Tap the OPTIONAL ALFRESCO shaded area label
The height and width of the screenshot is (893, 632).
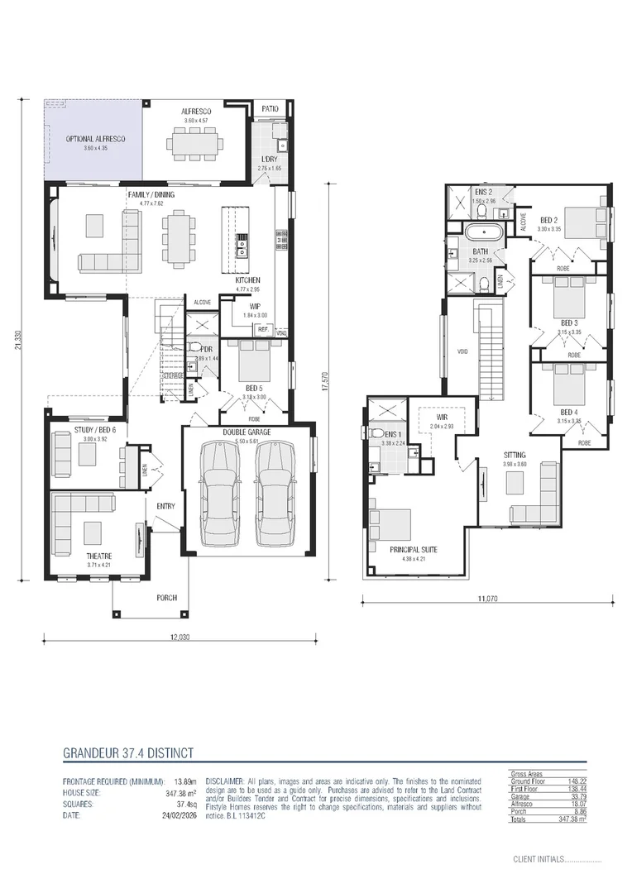click(x=95, y=139)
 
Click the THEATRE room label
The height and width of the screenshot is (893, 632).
click(x=99, y=556)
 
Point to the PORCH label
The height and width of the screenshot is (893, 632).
click(x=168, y=597)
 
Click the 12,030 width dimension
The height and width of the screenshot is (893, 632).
click(x=180, y=637)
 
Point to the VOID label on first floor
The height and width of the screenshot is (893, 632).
click(x=462, y=351)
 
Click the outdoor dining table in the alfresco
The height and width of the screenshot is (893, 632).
click(x=198, y=144)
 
